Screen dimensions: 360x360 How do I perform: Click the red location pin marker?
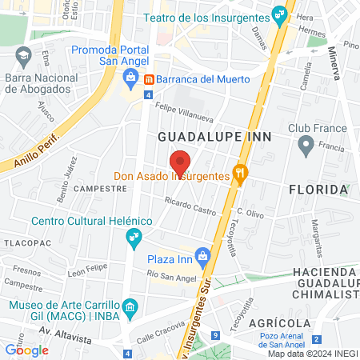[180, 161]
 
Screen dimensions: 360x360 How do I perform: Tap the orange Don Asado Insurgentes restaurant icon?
[238, 174]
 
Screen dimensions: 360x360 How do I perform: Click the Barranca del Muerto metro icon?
[149, 79]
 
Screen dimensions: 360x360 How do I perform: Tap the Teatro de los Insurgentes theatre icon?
[278, 14]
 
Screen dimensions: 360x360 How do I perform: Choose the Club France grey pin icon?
[305, 145]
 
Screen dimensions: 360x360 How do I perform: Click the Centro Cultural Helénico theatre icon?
[133, 237]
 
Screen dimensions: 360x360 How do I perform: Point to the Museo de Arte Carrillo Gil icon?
[133, 306]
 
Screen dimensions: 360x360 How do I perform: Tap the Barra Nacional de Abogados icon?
[22, 56]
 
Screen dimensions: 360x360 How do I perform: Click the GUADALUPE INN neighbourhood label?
[215, 137]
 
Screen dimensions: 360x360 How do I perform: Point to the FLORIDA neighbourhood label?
[318, 190]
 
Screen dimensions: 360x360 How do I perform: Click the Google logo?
[26, 349]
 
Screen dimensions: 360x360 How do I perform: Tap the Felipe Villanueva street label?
[186, 108]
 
